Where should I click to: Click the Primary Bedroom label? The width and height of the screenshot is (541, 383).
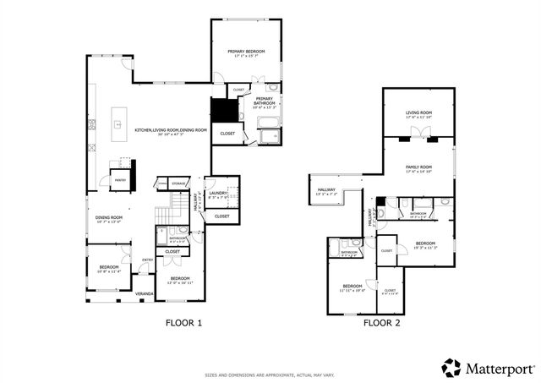coord(246,52)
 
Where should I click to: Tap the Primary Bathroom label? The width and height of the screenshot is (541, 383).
coord(265,101)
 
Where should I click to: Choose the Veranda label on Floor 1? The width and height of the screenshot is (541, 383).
coord(145,294)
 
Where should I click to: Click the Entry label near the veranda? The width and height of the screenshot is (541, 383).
coord(147,260)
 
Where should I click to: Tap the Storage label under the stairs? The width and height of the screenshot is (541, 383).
coord(178,183)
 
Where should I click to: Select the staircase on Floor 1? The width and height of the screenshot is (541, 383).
coord(177,204)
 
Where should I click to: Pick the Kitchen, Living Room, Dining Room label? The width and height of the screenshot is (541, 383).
coord(171,130)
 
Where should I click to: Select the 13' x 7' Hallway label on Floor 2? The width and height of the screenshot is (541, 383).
coord(325,190)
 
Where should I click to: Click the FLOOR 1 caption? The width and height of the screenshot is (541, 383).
coord(183,322)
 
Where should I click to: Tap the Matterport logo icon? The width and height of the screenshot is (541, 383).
coord(451,367)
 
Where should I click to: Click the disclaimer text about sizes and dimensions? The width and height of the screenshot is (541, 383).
coord(270,375)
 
